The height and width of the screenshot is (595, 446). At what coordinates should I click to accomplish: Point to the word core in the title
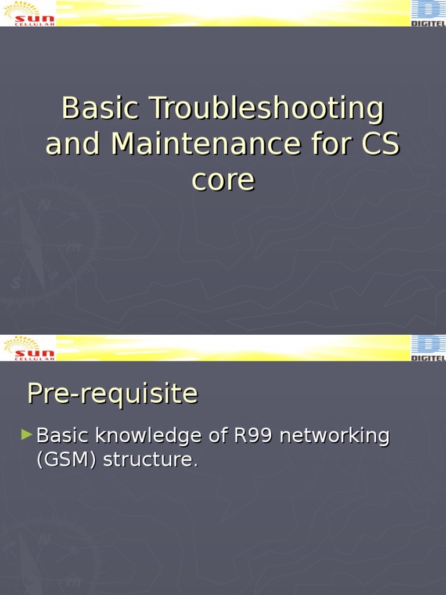point(223,180)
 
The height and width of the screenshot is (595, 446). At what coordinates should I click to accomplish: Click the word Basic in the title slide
point(100,109)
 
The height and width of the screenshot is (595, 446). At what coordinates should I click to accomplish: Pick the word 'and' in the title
point(73,144)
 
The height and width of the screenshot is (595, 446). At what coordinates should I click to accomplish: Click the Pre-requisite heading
point(112,394)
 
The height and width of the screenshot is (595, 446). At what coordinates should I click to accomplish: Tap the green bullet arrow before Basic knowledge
point(27,434)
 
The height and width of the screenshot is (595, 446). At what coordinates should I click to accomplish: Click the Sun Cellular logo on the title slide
point(29,13)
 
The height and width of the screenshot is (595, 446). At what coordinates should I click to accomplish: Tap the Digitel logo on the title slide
point(429,13)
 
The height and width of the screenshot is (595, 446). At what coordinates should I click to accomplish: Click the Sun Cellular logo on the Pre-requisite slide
point(29,347)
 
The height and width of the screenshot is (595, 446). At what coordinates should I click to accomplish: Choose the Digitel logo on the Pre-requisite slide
point(429,348)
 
